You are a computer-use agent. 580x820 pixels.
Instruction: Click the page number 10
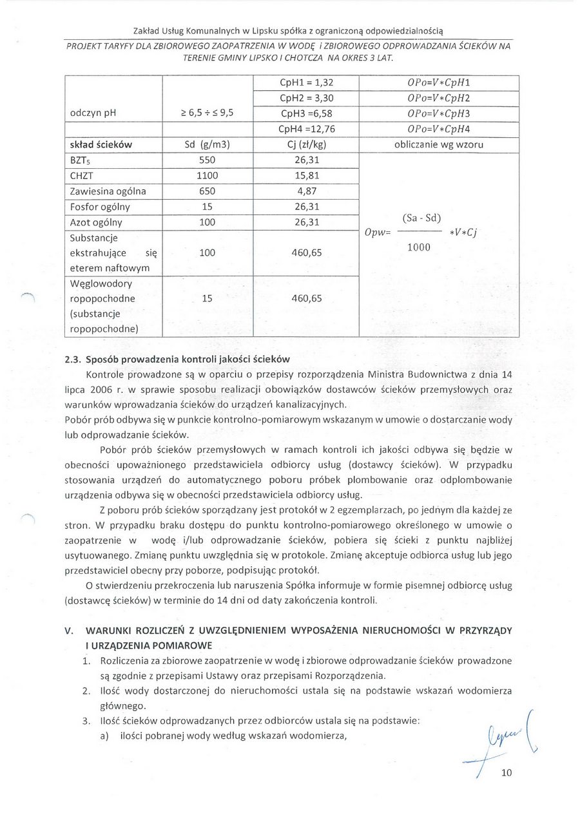[506, 774]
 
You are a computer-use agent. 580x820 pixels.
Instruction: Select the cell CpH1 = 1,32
[305, 83]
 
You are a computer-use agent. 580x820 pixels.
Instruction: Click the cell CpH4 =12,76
[307, 129]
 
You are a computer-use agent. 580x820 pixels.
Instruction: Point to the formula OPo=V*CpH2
[438, 98]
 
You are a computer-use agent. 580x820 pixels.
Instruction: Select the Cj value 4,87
[305, 191]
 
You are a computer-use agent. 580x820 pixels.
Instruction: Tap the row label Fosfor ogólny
[100, 207]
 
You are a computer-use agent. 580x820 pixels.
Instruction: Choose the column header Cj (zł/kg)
[305, 145]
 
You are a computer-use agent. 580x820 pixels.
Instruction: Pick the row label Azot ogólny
[96, 222]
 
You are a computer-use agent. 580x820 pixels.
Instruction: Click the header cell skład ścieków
[100, 145]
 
